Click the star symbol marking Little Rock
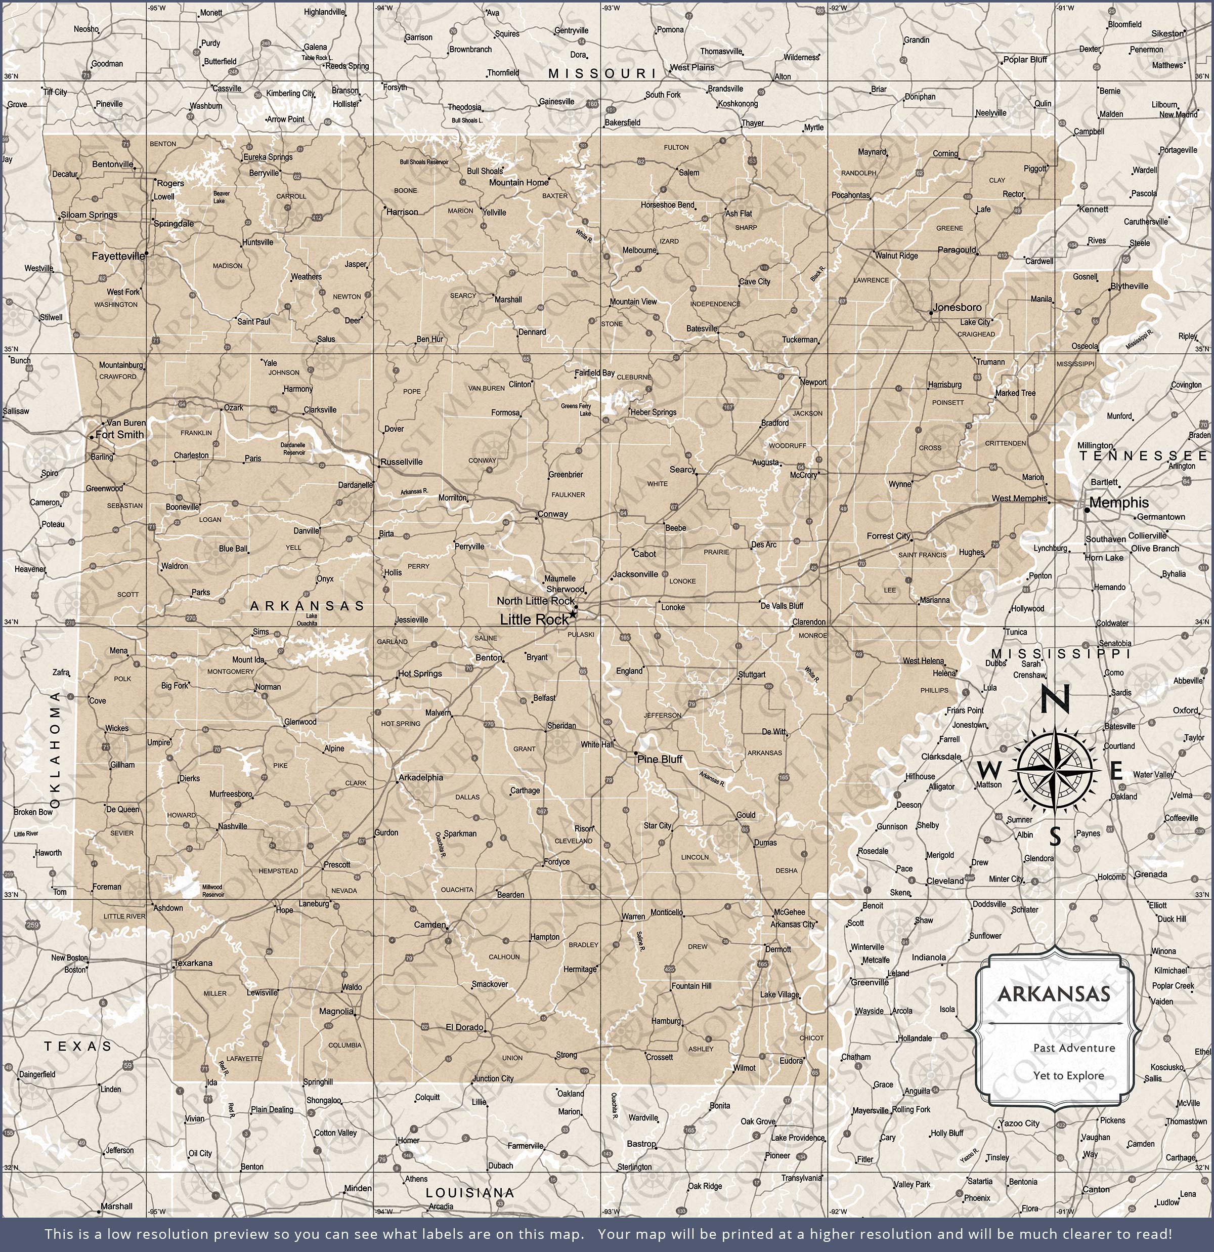[573, 614]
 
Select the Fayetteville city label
[118, 256]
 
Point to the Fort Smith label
[119, 434]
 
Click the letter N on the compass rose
[1055, 699]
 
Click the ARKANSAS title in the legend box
[1054, 994]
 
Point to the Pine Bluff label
[660, 759]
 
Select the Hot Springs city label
[419, 673]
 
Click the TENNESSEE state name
[1144, 455]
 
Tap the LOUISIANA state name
[469, 1193]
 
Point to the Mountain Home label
[518, 183]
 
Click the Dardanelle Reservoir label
[294, 448]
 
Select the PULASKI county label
[581, 634]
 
